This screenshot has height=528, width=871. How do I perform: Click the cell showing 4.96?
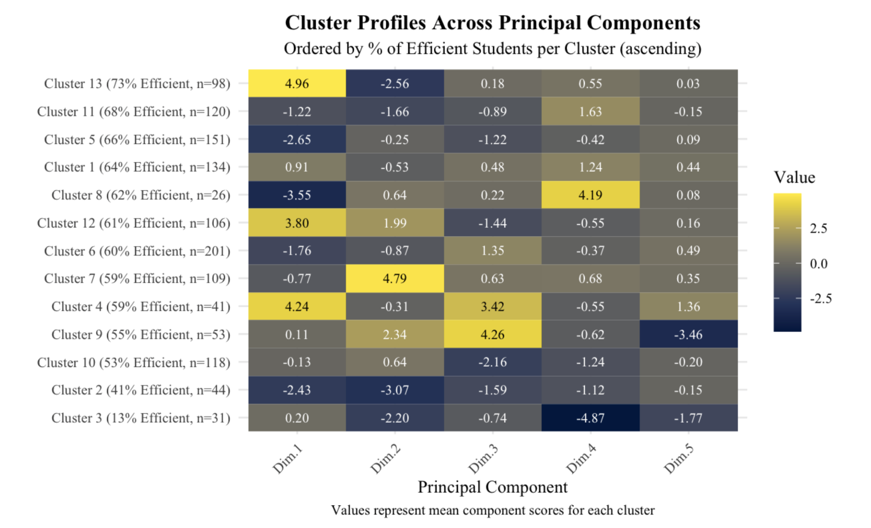point(297,83)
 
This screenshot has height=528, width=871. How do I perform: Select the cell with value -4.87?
point(590,418)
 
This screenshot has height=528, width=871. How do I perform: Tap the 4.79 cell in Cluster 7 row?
point(395,278)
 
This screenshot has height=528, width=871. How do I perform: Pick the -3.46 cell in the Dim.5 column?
point(688,334)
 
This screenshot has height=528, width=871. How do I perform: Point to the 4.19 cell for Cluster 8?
point(590,195)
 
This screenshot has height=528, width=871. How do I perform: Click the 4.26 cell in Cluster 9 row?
point(492,334)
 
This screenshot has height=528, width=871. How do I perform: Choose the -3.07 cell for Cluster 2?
point(395,390)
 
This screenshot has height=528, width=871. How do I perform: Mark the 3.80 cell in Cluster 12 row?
point(297,223)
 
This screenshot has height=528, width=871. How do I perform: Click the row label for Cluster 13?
point(137,83)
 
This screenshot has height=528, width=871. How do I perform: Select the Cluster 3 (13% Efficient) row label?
point(141,418)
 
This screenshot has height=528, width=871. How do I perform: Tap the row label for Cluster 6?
point(137,251)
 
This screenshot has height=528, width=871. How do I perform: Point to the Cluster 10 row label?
point(133,362)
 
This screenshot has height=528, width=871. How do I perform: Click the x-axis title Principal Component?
point(492,487)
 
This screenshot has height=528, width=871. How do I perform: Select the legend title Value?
point(794,177)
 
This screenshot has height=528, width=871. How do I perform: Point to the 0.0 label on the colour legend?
point(819,264)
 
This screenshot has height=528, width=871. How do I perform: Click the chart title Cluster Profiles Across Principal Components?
point(492,23)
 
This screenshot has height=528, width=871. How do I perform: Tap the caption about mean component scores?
point(492,510)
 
